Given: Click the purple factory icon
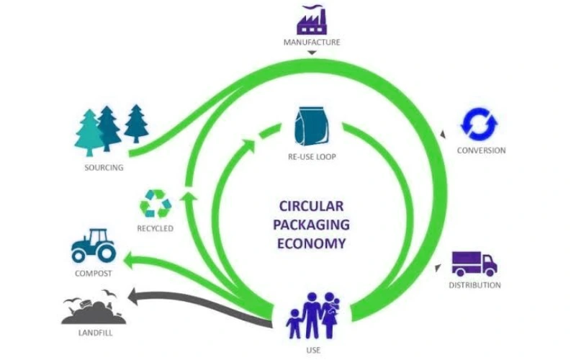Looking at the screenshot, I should click(311, 19).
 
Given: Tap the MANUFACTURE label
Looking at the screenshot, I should click(311, 42).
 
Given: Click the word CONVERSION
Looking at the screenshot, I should click(481, 150).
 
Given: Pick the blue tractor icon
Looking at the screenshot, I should click(93, 246).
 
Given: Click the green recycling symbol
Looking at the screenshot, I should click(156, 204).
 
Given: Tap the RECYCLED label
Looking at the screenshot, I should click(156, 229).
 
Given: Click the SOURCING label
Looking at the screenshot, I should click(104, 168).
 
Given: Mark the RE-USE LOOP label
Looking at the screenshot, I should click(311, 156).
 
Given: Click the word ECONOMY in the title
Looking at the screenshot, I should click(312, 243).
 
